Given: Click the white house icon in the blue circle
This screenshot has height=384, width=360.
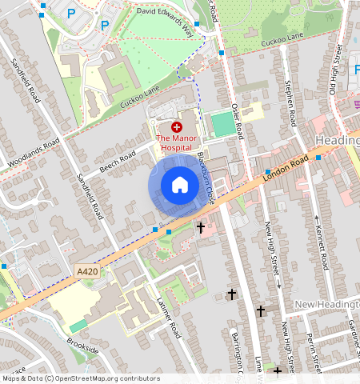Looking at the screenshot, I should [180, 186].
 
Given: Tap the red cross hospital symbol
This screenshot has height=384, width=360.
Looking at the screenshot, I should [177, 127].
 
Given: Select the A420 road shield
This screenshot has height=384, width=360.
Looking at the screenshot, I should [88, 273].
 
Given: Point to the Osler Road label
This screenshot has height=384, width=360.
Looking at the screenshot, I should [235, 121].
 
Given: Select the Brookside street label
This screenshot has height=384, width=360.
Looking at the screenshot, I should [83, 350].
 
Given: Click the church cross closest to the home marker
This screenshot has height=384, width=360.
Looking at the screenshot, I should [201, 228].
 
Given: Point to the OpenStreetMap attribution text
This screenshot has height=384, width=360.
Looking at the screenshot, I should [80, 378].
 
